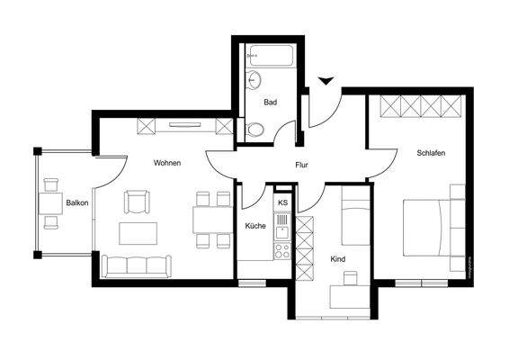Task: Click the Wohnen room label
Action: point(167,163)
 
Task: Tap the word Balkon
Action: point(76,203)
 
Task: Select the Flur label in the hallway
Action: point(303,166)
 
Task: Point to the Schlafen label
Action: point(431,153)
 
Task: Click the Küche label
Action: point(255,226)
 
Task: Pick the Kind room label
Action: point(338,259)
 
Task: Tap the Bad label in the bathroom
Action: point(270,103)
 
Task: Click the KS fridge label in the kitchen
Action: point(282,203)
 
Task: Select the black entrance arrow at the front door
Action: point(326,83)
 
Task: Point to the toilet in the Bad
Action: point(255,130)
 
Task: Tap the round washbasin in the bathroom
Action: point(254,79)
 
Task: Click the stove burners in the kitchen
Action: point(282,249)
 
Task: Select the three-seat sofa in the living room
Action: point(136,266)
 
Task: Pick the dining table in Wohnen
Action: point(213,220)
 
